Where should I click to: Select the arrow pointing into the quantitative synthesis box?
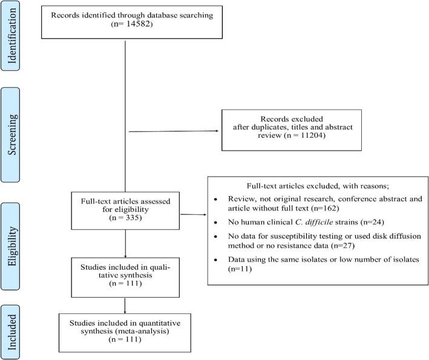point(125,306)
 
